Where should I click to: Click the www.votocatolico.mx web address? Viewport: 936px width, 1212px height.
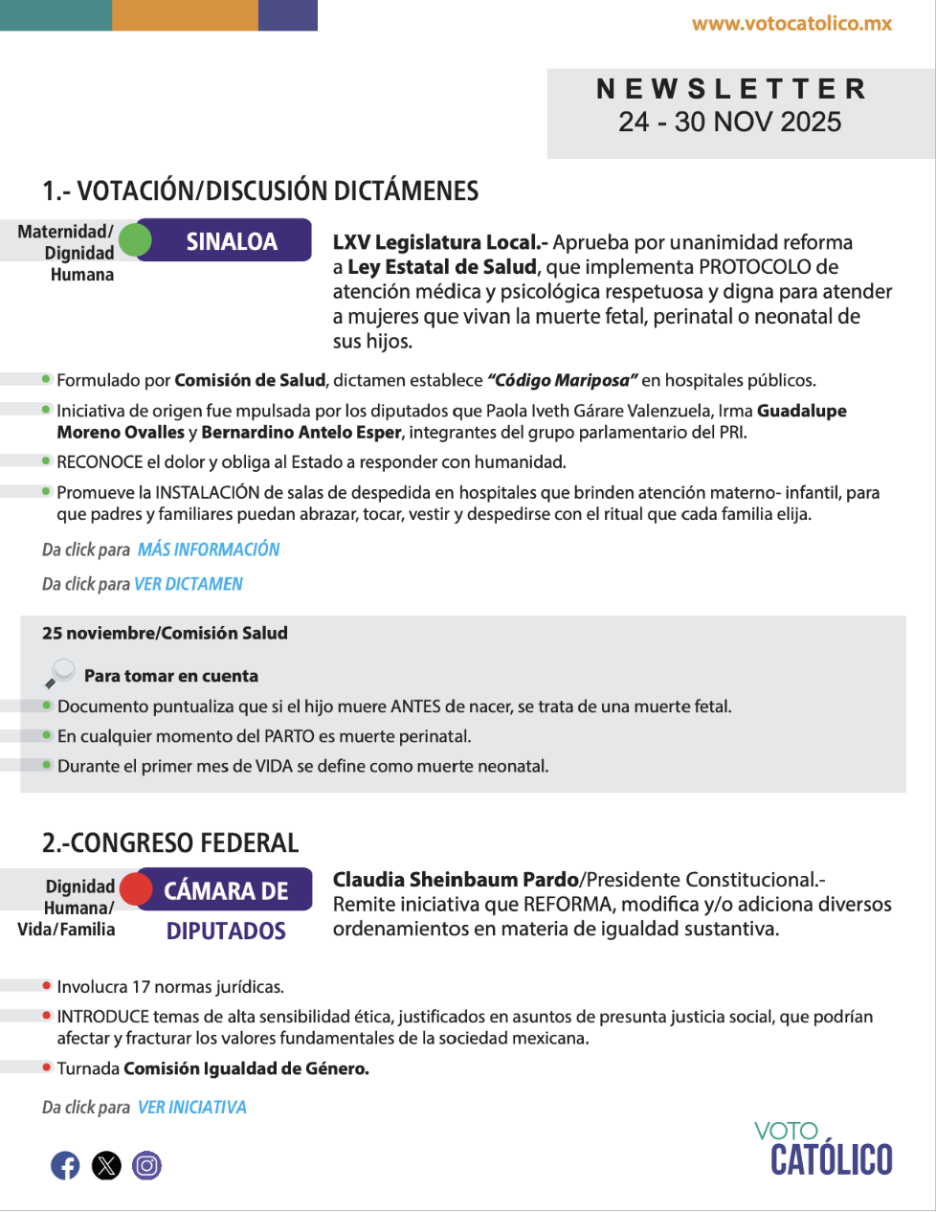click(791, 24)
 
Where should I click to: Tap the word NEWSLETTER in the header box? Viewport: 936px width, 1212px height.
click(731, 89)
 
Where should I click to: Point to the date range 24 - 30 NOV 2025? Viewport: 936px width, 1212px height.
click(729, 122)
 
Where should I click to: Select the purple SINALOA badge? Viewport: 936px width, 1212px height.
click(232, 241)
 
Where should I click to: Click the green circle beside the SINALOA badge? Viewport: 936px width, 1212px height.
click(135, 240)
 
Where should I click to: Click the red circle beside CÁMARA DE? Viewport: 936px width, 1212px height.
click(136, 889)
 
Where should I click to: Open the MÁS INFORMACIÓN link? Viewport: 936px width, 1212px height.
click(209, 550)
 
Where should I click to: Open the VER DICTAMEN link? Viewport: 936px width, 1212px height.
click(189, 584)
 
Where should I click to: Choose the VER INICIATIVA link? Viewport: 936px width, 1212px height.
click(192, 1108)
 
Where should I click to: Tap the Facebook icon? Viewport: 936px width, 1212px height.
click(65, 1165)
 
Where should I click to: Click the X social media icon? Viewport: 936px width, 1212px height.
click(106, 1165)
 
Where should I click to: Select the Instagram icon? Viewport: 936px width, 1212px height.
click(146, 1165)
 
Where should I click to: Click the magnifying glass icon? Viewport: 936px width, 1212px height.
click(59, 673)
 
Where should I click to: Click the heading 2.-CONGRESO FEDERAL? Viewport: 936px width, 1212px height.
click(170, 843)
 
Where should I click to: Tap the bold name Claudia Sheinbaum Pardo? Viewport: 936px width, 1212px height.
click(456, 880)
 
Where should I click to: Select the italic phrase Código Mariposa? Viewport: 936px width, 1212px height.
click(562, 380)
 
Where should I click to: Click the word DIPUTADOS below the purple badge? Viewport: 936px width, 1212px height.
click(226, 931)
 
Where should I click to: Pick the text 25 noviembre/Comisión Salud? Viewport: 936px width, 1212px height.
click(165, 633)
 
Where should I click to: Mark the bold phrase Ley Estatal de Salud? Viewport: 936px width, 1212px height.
click(441, 267)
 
